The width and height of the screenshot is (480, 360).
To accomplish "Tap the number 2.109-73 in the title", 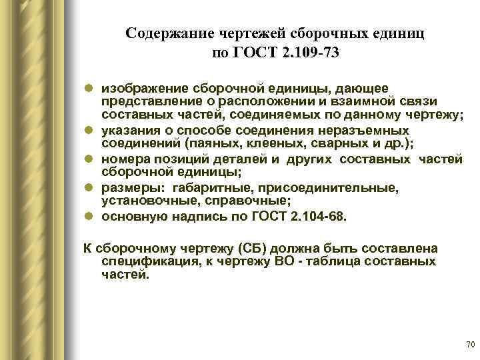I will coord(311,53).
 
